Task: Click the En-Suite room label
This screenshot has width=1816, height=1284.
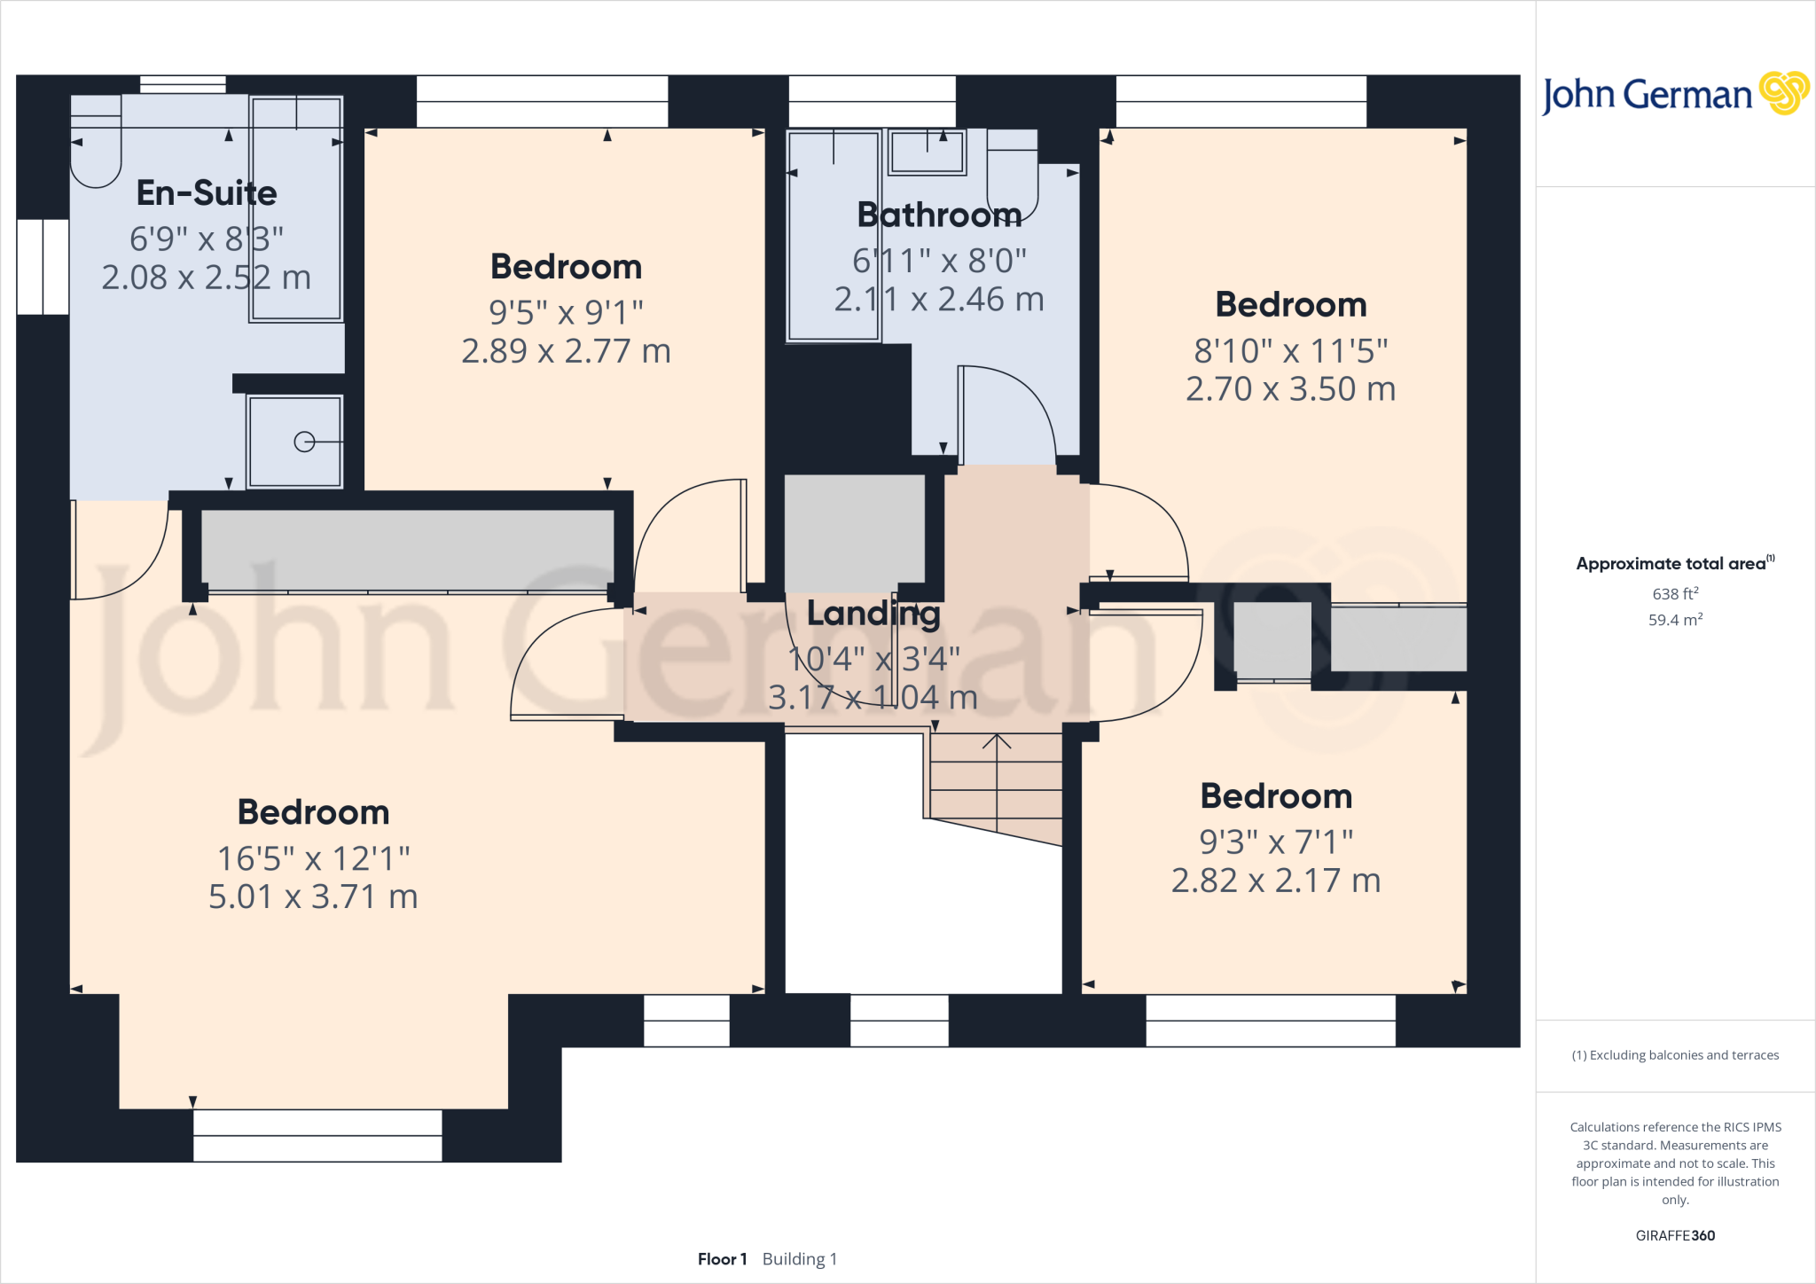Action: point(207,193)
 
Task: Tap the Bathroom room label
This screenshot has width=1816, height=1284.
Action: point(939,215)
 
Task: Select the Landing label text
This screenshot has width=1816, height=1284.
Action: point(873,614)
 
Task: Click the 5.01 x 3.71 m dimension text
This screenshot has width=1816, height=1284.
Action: point(313,896)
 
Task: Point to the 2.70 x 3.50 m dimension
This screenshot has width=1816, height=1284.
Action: point(1290,389)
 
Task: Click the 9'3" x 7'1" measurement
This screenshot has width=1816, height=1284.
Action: point(1276,842)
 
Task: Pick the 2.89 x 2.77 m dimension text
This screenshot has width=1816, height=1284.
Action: point(566,351)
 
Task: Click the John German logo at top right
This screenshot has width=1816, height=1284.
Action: point(1674,94)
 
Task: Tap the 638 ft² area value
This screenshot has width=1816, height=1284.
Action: point(1675,594)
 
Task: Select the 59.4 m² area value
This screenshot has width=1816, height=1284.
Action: point(1675,620)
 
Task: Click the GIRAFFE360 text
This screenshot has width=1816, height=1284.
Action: point(1675,1235)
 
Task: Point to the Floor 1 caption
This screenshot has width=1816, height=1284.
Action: point(722,1259)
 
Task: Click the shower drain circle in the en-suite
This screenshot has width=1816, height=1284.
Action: point(304,442)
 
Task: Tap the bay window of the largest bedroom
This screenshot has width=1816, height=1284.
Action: point(317,1135)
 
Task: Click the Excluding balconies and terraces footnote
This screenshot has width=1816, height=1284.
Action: point(1675,1055)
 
